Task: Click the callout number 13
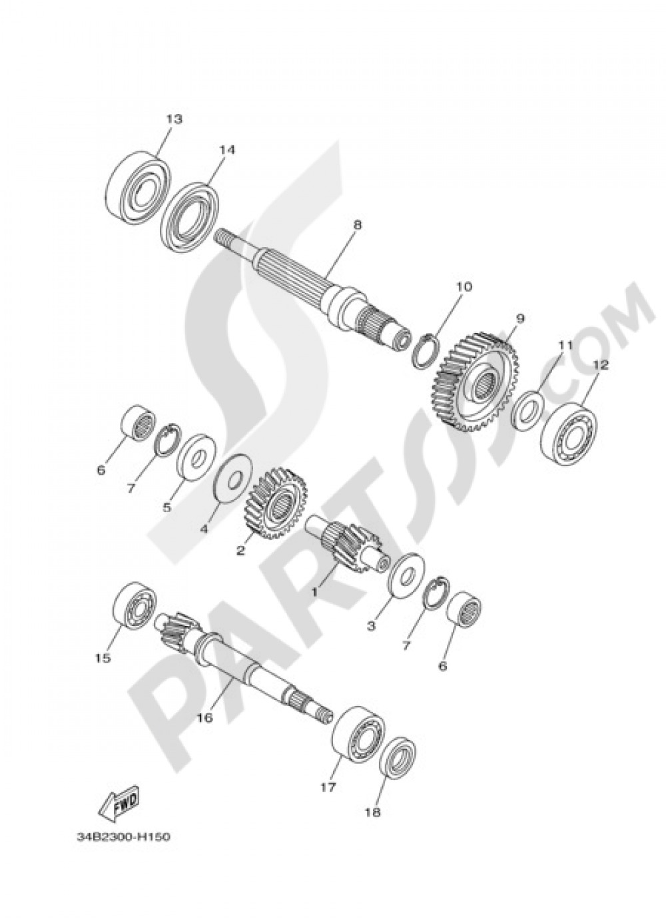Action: coord(174,120)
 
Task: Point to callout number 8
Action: coord(357,225)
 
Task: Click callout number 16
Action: coord(204,718)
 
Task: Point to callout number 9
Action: coord(519,318)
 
